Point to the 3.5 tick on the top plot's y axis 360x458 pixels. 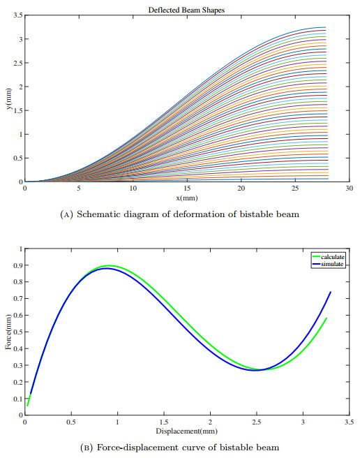pyautogui.click(x=17, y=15)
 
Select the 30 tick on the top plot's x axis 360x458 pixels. pyautogui.click(x=349, y=189)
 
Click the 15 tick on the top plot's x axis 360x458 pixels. pyautogui.click(x=187, y=189)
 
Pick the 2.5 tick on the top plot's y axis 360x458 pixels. pyautogui.click(x=17, y=63)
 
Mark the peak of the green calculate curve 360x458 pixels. pyautogui.click(x=110, y=266)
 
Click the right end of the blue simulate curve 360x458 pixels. pyautogui.click(x=330, y=293)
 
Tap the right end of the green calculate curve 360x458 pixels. pyautogui.click(x=326, y=318)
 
